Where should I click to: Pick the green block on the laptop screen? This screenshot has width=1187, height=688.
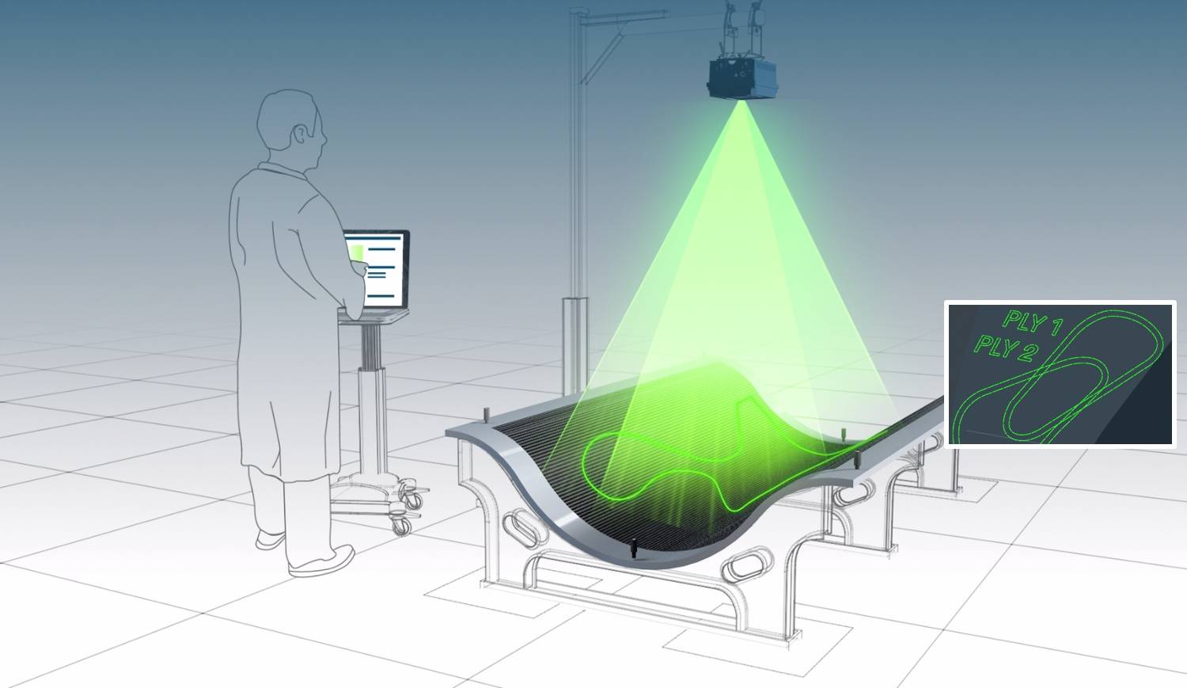[357, 253]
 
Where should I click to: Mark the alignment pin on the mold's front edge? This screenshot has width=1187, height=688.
[634, 548]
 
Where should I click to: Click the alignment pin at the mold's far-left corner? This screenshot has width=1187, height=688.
[485, 415]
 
